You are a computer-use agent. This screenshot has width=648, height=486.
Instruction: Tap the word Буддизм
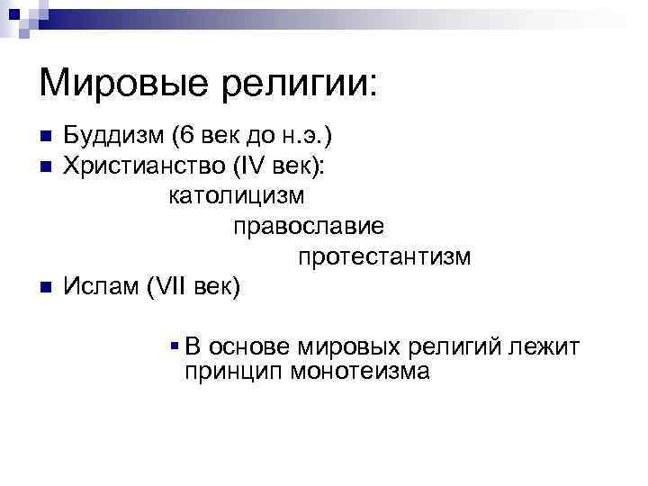pos(113,137)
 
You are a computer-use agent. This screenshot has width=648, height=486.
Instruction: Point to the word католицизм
pos(237,195)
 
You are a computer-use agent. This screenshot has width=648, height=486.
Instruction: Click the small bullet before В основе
pos(174,345)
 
